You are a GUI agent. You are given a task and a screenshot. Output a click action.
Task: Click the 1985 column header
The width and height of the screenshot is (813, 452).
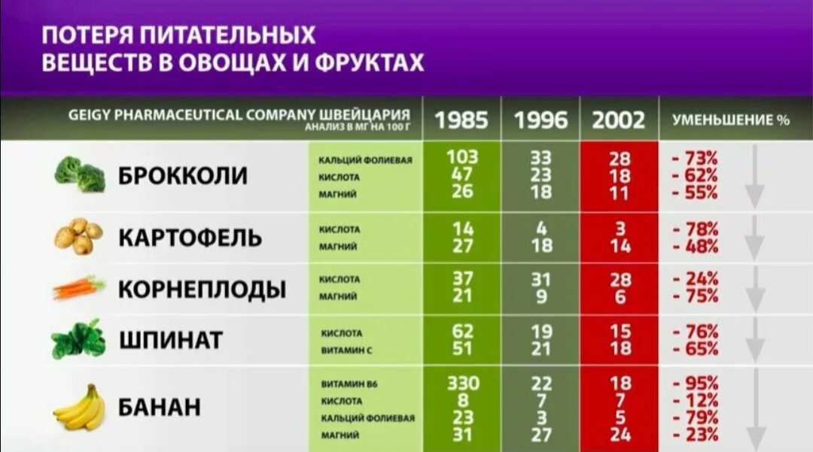[x=461, y=120]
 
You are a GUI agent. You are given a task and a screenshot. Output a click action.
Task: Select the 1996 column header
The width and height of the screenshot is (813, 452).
[x=540, y=120]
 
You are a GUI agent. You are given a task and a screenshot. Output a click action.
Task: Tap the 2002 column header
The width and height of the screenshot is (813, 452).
[x=618, y=120]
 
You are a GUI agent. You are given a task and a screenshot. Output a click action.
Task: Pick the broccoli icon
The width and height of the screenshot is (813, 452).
[x=80, y=174]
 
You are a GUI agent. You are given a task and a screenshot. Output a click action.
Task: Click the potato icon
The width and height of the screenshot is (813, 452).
[x=78, y=237]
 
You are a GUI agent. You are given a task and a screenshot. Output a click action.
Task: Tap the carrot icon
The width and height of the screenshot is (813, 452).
[x=78, y=287]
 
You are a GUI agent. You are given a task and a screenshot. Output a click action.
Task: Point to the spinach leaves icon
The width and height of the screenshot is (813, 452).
[x=78, y=339]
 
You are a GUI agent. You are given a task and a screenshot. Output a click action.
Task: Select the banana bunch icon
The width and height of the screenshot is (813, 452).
[x=78, y=408]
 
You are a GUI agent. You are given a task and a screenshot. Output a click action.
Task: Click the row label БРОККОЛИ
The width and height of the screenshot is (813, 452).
[x=183, y=176]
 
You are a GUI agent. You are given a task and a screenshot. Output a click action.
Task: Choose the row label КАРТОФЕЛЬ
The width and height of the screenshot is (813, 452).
[x=190, y=238]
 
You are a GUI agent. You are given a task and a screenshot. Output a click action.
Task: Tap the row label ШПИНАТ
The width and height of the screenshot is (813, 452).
[x=171, y=340]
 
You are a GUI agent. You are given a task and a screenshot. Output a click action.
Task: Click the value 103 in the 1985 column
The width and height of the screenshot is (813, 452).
[x=462, y=157]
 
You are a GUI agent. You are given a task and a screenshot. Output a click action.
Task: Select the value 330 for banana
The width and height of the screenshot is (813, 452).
[x=462, y=383]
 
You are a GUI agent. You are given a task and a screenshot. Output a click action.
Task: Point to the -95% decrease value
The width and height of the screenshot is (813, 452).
[x=696, y=383]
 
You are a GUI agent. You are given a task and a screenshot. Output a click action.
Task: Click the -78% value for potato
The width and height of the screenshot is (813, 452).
[x=696, y=229]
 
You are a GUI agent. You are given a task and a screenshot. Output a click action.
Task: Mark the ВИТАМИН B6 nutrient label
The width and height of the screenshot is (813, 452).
[x=349, y=384]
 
